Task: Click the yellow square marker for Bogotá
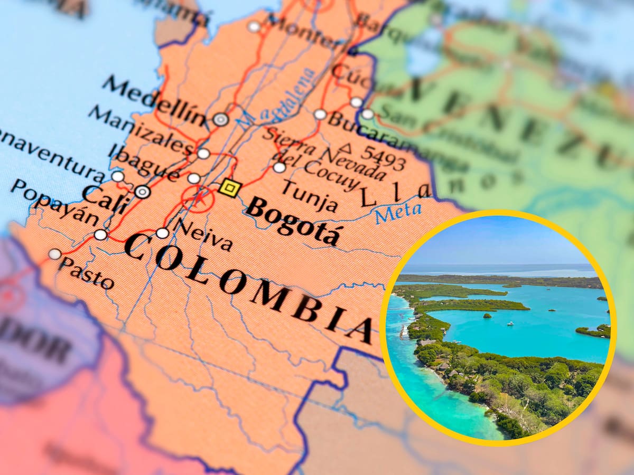point(230,188)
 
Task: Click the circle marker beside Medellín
point(221,119)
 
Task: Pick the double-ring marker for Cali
point(142,192)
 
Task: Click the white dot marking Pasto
point(54,254)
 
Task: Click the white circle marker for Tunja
point(279,167)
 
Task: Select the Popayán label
point(54,202)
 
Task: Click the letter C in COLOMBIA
point(135,246)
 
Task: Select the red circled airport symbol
point(198,199)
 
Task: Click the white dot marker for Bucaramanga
point(320,114)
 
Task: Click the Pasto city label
point(87,272)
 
